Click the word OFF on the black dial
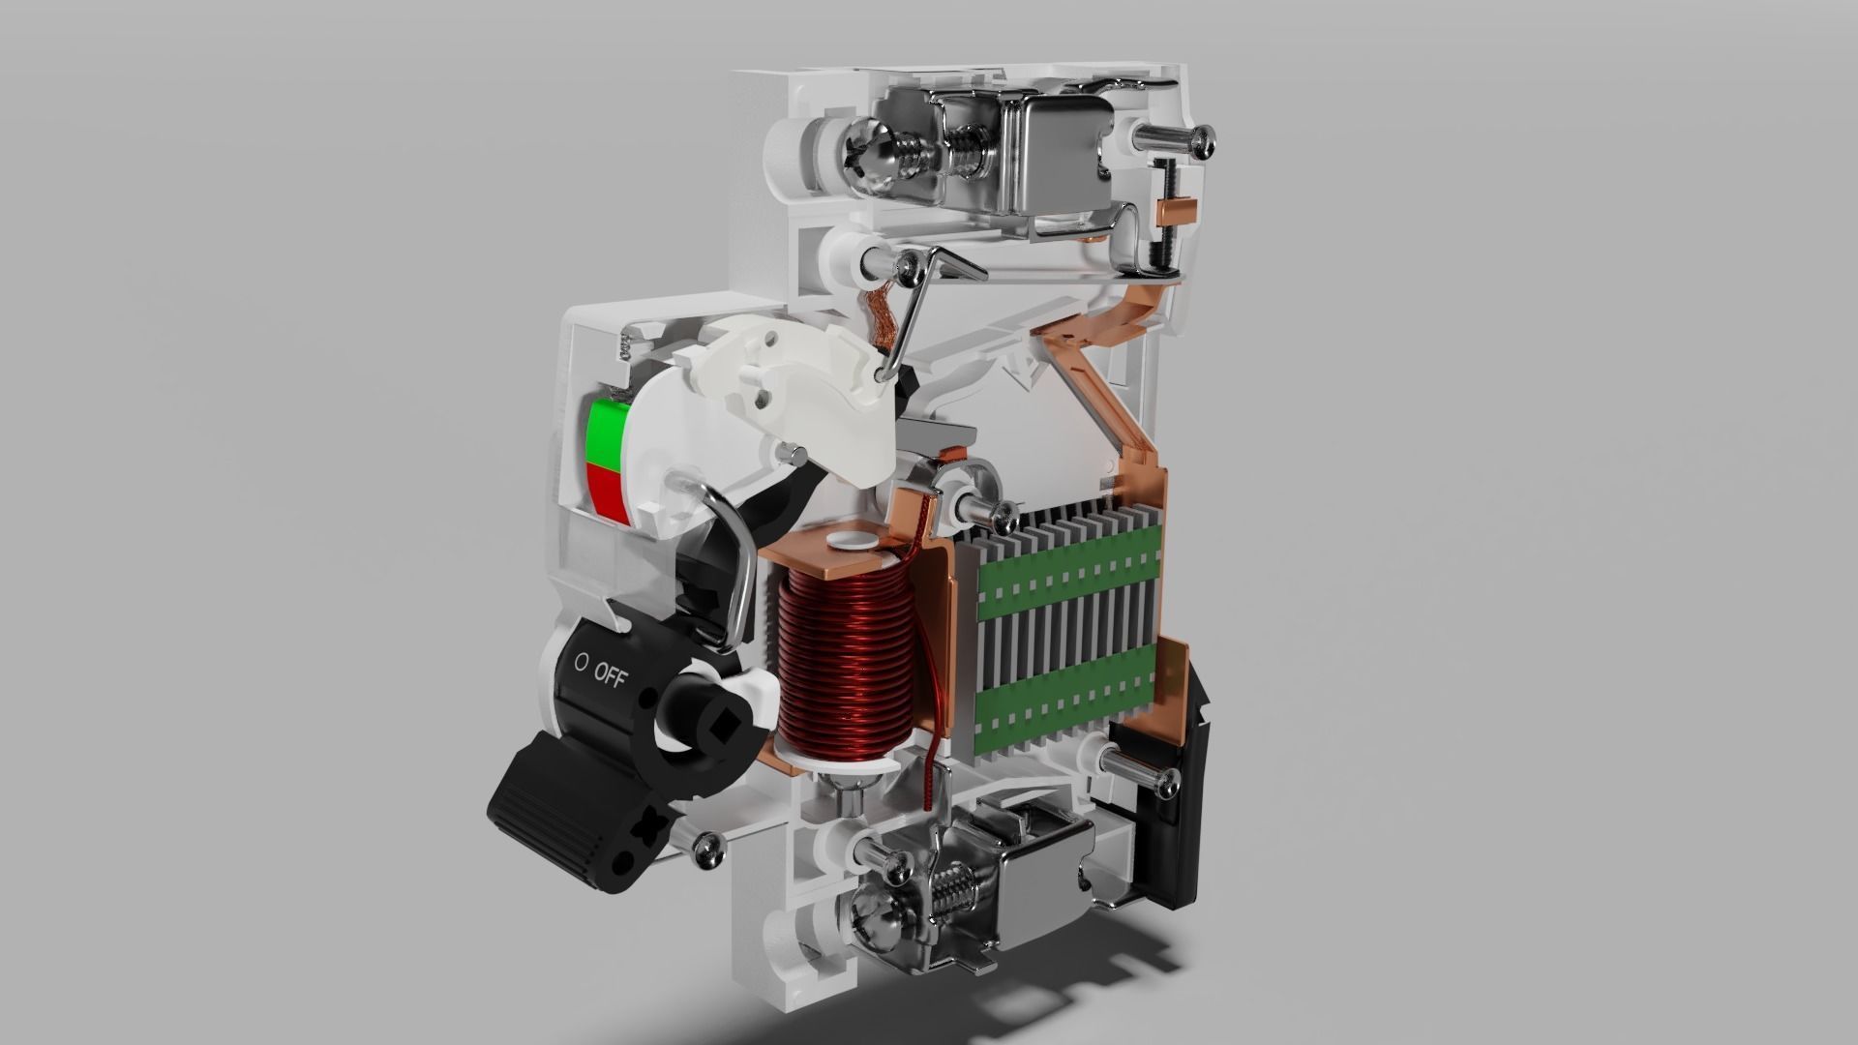(x=610, y=673)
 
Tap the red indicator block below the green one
(x=608, y=493)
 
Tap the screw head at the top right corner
(x=1202, y=142)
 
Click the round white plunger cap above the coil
(x=852, y=540)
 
